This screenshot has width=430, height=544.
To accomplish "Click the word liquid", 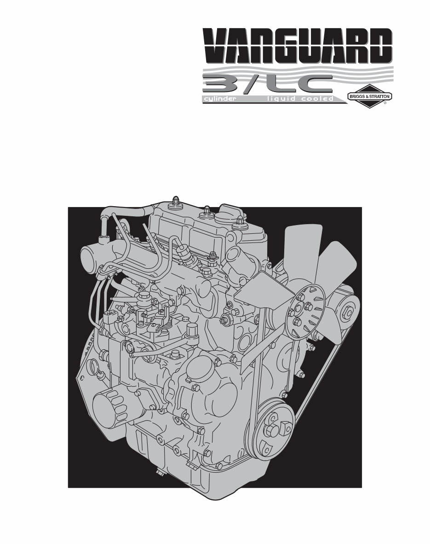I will [x=281, y=99].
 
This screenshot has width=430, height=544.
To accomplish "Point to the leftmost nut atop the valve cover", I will [x=176, y=203].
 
